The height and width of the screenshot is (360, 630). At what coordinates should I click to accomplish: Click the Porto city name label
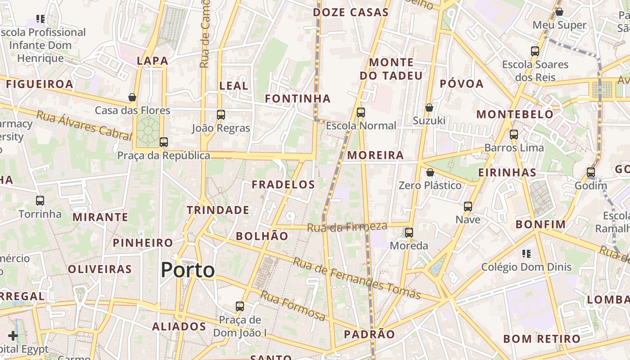[x=188, y=270]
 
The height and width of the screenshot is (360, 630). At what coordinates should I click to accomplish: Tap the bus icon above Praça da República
[x=163, y=142]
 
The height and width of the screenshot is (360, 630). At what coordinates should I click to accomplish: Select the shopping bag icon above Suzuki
[x=429, y=108]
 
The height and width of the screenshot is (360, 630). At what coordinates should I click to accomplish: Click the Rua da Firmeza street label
[x=347, y=226]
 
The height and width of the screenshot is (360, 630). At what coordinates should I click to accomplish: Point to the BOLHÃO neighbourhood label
[x=262, y=236]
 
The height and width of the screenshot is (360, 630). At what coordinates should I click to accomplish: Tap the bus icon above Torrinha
[x=40, y=201]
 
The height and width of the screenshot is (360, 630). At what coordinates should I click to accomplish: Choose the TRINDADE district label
[x=218, y=210]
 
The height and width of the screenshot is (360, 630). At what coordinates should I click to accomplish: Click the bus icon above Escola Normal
[x=360, y=112]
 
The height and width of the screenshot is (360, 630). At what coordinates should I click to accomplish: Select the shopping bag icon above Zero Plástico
[x=430, y=172]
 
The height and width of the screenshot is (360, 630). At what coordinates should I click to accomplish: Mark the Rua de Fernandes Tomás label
[x=356, y=278]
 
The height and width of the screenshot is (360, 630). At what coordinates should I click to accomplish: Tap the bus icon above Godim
[x=591, y=172]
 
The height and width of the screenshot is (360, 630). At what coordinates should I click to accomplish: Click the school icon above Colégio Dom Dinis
[x=526, y=254]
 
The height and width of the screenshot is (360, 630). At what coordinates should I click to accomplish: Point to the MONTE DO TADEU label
[x=391, y=69]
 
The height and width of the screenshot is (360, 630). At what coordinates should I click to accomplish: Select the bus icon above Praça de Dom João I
[x=240, y=306]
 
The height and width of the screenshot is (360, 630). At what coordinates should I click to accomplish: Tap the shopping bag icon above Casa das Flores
[x=132, y=97]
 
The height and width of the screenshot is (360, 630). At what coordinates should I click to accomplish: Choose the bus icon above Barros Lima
[x=514, y=135]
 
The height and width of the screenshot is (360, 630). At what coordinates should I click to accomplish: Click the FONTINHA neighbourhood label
[x=297, y=99]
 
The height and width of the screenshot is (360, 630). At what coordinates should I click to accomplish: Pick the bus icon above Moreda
[x=409, y=233]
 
